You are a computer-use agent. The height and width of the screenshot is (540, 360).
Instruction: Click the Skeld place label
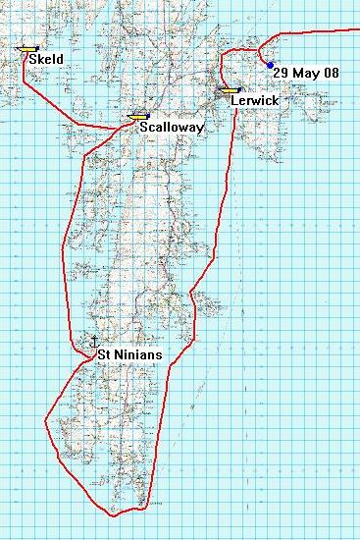click(x=47, y=60)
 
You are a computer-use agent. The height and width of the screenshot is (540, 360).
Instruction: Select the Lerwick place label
click(x=255, y=101)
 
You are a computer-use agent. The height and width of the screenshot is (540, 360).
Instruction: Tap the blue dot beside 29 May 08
click(x=270, y=65)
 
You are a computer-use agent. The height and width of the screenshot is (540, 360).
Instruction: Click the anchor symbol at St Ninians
click(x=95, y=343)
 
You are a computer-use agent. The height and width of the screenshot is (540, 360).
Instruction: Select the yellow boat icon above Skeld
click(x=28, y=47)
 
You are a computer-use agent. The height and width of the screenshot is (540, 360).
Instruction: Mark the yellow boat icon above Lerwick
click(x=231, y=89)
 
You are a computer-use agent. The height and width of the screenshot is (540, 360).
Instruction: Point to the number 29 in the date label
click(x=282, y=73)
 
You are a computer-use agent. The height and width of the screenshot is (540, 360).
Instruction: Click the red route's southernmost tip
click(x=117, y=513)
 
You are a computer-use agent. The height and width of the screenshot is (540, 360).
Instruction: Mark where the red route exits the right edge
click(x=358, y=29)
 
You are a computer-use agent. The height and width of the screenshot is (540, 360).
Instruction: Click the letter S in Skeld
click(x=33, y=60)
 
